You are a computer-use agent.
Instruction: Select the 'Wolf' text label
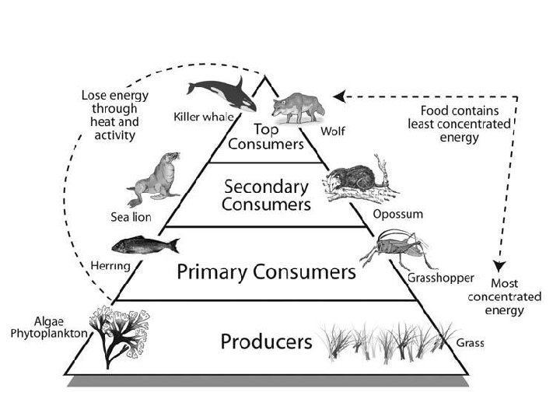335,131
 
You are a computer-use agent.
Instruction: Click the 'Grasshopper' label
441,277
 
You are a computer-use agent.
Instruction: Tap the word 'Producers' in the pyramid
266,341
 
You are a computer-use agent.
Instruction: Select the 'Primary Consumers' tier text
266,272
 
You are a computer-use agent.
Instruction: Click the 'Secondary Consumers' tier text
266,196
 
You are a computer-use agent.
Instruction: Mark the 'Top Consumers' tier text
266,137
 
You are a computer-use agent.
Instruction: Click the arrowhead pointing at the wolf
338,96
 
